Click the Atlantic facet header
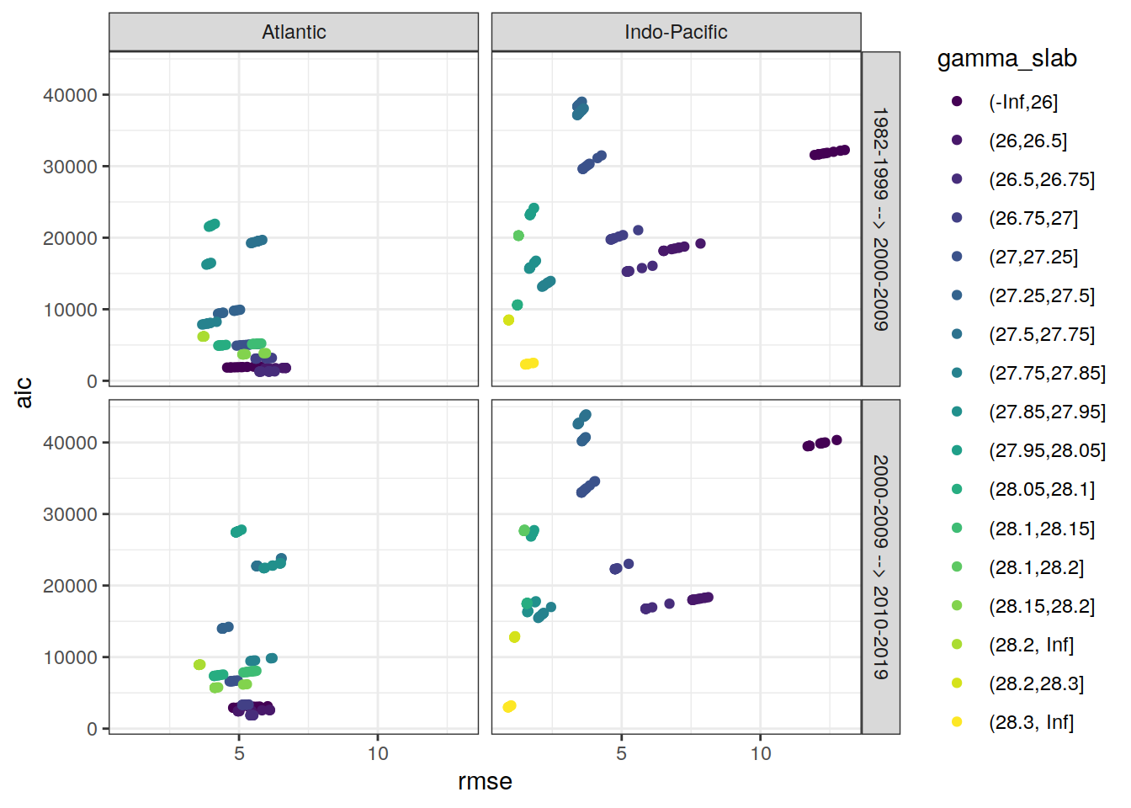click(294, 32)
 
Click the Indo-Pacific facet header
click(676, 32)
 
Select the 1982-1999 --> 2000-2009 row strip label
click(880, 219)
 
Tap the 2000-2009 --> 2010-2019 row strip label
click(880, 566)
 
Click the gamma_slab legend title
click(1006, 59)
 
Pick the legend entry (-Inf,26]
click(1022, 102)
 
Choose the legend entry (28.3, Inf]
click(1031, 722)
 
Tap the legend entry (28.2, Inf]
click(1031, 645)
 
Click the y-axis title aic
click(24, 392)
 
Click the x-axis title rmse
click(485, 782)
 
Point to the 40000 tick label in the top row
click(70, 95)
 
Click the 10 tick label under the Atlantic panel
click(378, 753)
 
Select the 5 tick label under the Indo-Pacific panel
click(621, 753)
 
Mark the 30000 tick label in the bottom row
click(70, 514)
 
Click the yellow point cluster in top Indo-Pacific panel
click(529, 364)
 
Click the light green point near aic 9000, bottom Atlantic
click(199, 665)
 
